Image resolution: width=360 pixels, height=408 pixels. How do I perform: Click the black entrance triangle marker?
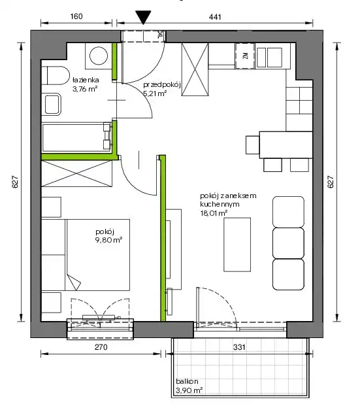click(x=143, y=17)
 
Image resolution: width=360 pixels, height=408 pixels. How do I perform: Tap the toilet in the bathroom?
click(x=56, y=75)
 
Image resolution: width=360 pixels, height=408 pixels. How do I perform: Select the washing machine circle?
click(x=99, y=56)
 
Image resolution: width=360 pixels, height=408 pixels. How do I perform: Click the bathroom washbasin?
click(x=52, y=105)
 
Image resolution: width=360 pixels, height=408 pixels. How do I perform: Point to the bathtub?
click(x=77, y=137)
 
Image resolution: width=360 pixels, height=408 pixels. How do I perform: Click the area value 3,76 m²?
click(x=85, y=89)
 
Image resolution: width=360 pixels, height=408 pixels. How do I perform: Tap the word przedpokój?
click(x=161, y=85)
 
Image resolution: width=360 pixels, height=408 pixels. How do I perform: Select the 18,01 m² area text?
click(x=214, y=213)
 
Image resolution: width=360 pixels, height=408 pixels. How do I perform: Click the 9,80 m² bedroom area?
click(x=109, y=240)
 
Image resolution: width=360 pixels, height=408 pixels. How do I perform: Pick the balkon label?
click(x=187, y=381)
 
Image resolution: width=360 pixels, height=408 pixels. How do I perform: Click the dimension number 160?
click(x=76, y=16)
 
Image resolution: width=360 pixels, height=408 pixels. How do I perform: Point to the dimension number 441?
click(x=215, y=17)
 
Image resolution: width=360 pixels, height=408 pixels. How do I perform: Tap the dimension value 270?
click(x=101, y=347)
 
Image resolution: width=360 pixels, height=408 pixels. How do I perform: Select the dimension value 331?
click(x=239, y=347)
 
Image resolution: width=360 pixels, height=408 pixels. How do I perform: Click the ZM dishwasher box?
click(x=245, y=56)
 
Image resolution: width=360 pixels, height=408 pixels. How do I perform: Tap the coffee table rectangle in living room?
click(x=237, y=245)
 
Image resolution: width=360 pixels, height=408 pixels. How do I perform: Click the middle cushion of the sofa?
click(x=288, y=243)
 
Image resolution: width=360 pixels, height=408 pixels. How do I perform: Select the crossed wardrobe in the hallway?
click(x=195, y=69)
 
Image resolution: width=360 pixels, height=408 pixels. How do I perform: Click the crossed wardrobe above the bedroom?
click(x=77, y=173)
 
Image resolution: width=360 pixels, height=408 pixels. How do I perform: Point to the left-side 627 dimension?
click(x=15, y=182)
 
